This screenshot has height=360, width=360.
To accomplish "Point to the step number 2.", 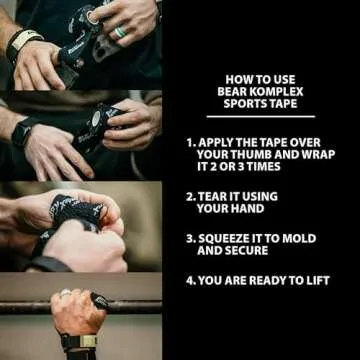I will (190, 196).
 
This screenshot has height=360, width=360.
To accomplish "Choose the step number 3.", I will (190, 239).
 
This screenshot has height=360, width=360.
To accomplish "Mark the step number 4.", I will (190, 281).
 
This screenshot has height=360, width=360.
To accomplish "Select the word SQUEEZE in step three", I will (234, 239).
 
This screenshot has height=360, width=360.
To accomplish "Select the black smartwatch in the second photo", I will (29, 131).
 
